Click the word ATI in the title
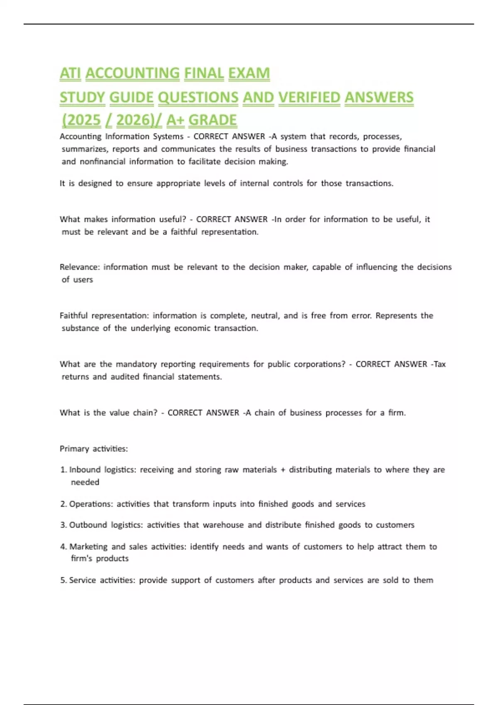click(70, 73)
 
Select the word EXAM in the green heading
click(249, 73)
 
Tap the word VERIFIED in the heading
click(309, 97)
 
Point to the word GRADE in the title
click(212, 120)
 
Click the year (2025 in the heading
click(81, 120)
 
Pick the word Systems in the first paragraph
click(168, 136)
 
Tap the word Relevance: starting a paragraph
click(80, 267)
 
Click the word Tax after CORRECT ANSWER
click(439, 364)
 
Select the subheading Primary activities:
click(94, 449)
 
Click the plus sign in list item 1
click(283, 470)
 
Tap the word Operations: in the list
click(91, 504)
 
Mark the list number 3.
click(63, 525)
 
